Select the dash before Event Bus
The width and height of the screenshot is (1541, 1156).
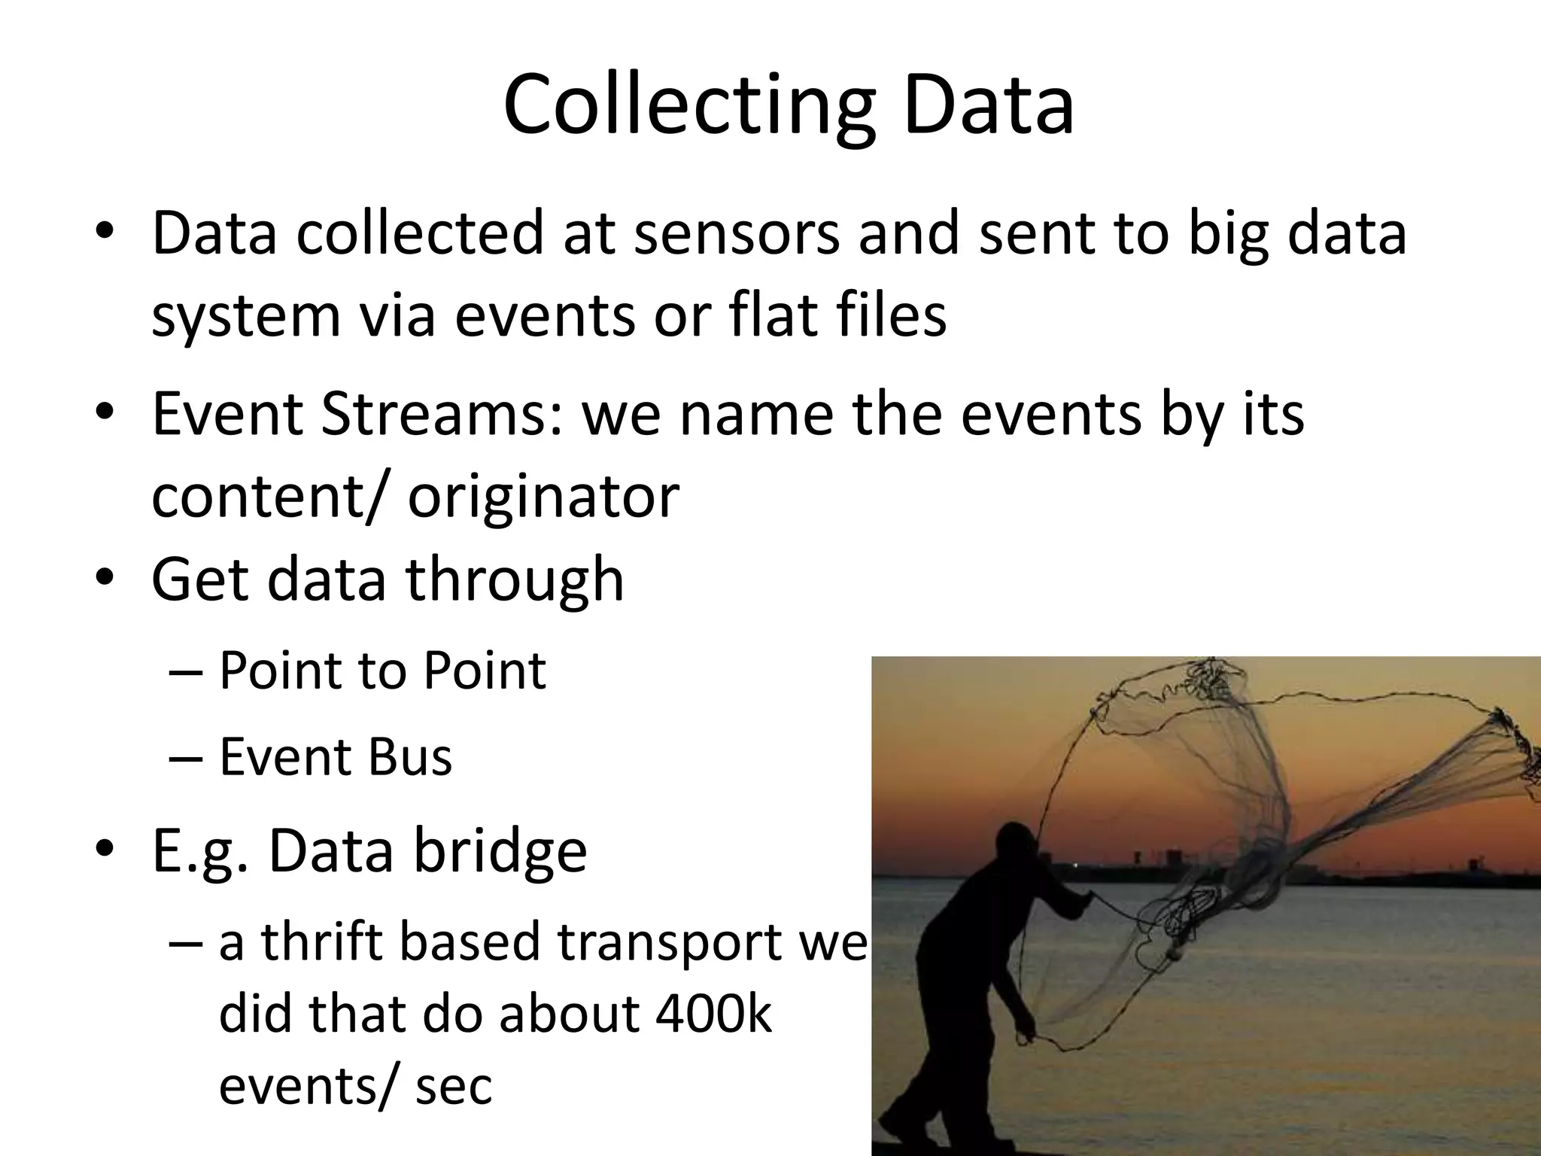click(x=186, y=757)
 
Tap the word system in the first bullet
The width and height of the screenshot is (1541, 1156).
click(x=246, y=316)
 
